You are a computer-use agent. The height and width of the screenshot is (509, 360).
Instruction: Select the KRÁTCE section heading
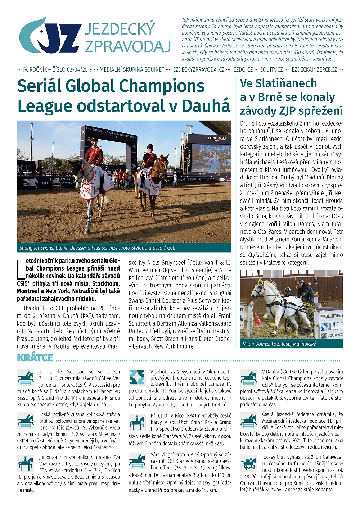coord(35,358)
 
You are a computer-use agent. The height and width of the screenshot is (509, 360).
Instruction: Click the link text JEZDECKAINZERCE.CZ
coord(314,69)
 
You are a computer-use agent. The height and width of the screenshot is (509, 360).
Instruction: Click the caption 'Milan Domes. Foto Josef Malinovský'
coord(279,344)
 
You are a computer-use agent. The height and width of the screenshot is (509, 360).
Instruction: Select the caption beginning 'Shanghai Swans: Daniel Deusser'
coord(97,248)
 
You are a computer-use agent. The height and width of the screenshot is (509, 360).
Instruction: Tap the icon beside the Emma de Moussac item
coord(26,378)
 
